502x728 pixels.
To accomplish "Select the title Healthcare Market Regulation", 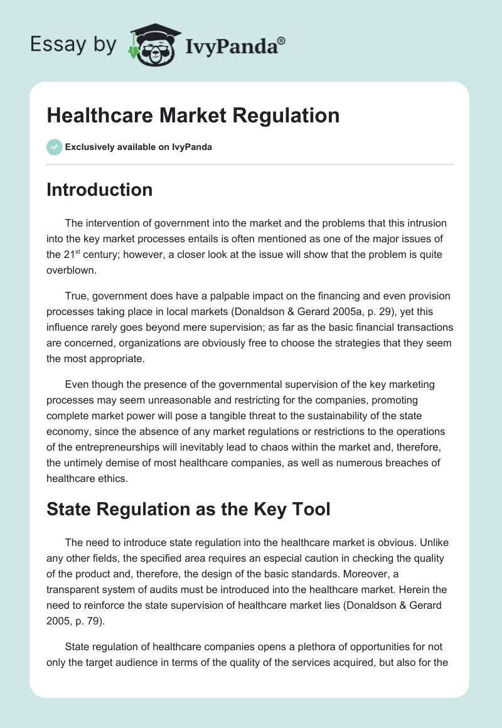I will (193, 115).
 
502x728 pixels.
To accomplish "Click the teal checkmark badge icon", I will (54, 147).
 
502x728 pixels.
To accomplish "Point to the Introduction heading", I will (99, 190).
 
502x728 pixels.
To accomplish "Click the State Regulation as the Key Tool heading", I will (188, 508).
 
